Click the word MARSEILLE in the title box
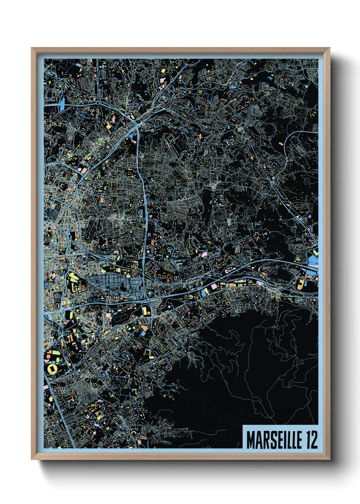coord(274,440)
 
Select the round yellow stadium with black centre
coord(52,369)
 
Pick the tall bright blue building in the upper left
coord(63,104)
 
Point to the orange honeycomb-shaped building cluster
coord(169,276)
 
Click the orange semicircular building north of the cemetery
coord(116,252)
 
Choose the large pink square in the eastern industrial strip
coord(214,287)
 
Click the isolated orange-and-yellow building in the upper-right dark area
coord(281,145)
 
